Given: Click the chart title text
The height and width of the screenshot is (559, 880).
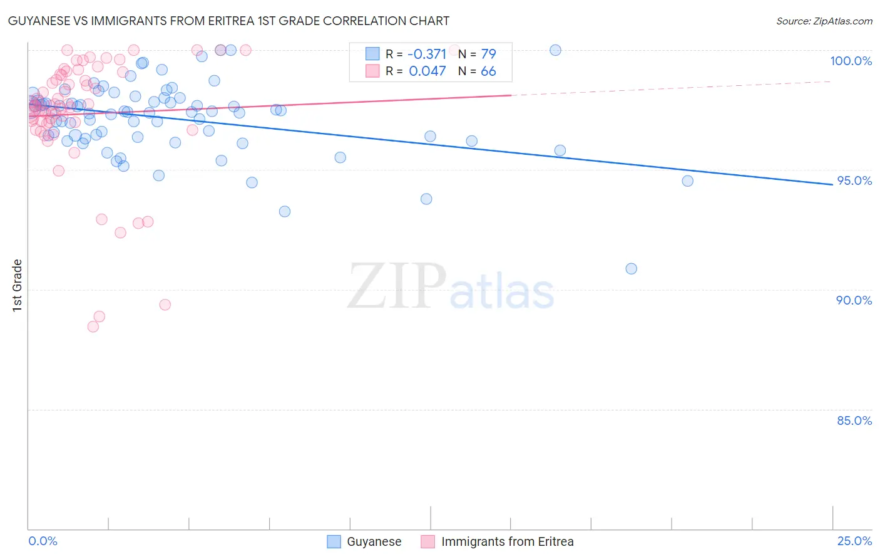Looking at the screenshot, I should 228,21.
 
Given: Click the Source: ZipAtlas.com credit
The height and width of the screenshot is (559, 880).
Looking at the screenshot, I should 824,21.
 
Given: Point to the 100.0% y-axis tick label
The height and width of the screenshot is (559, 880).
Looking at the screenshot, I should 851,61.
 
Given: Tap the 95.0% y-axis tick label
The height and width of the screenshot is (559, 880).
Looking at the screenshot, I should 854,180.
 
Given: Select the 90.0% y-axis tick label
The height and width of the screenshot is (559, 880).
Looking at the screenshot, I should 854,300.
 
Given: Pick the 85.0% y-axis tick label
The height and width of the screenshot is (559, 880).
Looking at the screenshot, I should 854,421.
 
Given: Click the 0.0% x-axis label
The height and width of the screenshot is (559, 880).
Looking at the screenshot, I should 43,541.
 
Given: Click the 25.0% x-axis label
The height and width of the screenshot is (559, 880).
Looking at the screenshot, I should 854,541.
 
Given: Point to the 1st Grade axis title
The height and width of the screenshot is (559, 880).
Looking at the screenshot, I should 18,285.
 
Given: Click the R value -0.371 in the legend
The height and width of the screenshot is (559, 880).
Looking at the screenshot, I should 426,55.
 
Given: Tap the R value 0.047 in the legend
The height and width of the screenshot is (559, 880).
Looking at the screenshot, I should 427,71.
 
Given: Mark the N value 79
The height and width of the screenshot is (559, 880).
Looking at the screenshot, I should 488,55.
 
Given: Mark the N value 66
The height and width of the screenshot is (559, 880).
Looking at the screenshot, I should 488,71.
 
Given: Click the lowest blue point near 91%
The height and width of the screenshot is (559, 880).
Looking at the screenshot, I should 631,269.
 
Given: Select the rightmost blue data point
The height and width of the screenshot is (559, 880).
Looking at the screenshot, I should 687,181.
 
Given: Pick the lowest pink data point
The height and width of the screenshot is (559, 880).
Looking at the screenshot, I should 93,327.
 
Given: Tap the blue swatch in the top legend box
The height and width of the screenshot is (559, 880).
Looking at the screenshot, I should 372,54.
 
